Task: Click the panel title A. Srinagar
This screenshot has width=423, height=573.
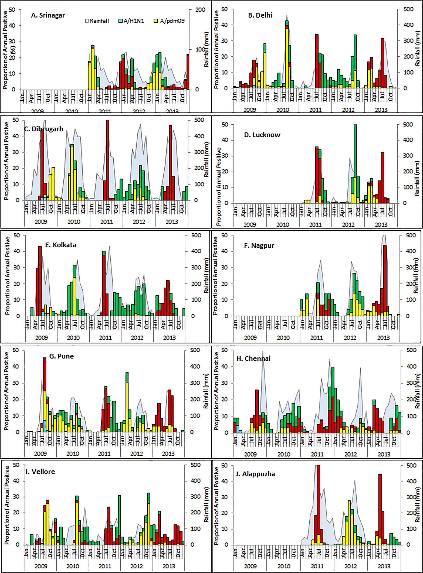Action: [x=48, y=15]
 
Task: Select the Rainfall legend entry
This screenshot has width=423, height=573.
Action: [x=97, y=21]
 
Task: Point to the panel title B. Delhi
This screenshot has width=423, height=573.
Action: [x=260, y=15]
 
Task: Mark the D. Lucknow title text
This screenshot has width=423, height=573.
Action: [x=262, y=135]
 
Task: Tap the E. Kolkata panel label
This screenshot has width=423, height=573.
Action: [x=61, y=245]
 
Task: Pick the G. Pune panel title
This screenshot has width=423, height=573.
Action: [x=61, y=356]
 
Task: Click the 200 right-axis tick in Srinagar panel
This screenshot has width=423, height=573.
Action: [x=200, y=10]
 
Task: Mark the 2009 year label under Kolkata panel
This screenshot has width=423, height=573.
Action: [x=41, y=338]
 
